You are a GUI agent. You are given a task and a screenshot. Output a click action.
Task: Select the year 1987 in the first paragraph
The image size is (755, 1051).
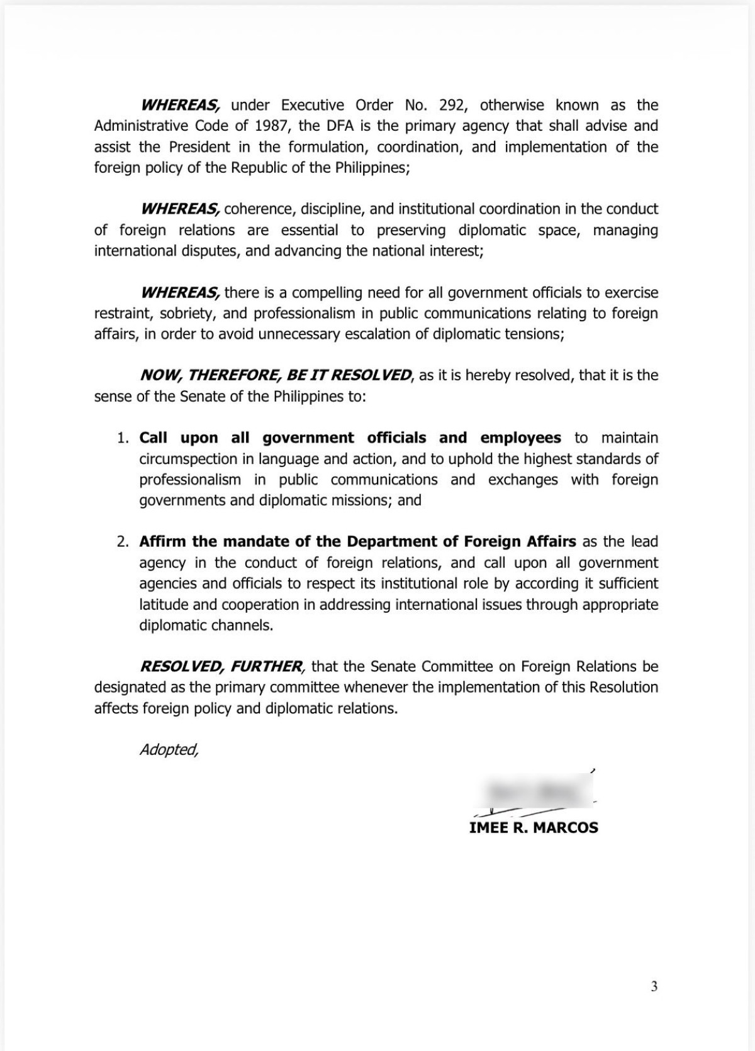(x=274, y=126)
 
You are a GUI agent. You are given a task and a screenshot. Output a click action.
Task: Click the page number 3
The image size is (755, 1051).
(x=654, y=986)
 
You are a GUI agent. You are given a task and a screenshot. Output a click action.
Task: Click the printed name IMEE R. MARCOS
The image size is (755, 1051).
(x=534, y=827)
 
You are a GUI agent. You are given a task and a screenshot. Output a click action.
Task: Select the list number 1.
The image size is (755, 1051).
(x=122, y=437)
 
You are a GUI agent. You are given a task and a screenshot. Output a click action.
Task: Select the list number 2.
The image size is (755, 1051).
(x=122, y=541)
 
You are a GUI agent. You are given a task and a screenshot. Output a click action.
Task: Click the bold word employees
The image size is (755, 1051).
(x=520, y=437)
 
